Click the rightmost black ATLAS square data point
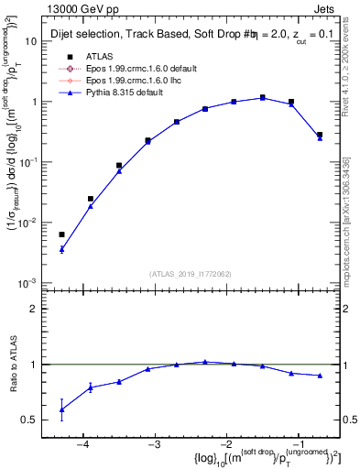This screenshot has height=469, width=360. click(320, 135)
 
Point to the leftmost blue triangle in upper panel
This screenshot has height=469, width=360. click(61, 249)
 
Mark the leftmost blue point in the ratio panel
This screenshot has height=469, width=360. click(61, 409)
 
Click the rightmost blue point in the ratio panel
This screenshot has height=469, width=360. click(320, 376)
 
